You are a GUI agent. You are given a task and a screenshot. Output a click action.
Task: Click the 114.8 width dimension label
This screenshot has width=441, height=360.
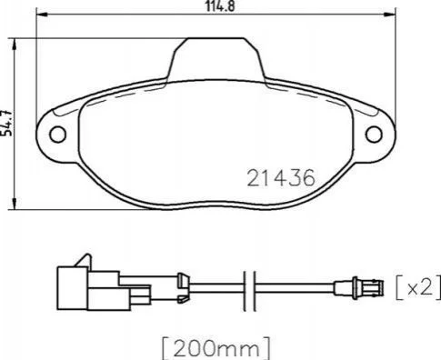(x=220, y=6)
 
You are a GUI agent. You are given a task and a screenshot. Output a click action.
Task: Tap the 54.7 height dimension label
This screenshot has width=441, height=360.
(x=6, y=122)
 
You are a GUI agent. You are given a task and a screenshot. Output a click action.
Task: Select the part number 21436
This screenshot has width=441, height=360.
(x=281, y=178)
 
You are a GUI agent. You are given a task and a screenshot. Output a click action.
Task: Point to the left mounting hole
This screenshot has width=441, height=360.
(x=57, y=135)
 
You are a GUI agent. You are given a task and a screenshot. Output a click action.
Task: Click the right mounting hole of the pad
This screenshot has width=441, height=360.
(x=374, y=135)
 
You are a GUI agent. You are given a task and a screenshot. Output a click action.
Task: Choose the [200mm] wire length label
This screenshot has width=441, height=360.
(x=215, y=348)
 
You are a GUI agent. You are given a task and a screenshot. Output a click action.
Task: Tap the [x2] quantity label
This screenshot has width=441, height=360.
(x=418, y=287)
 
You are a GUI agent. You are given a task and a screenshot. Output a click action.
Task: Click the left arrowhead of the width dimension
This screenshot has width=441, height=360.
(x=42, y=15)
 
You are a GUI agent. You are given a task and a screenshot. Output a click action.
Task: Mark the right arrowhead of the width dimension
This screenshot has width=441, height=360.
(x=390, y=15)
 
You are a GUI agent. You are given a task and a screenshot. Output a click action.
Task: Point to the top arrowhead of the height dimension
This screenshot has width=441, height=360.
(x=14, y=45)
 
